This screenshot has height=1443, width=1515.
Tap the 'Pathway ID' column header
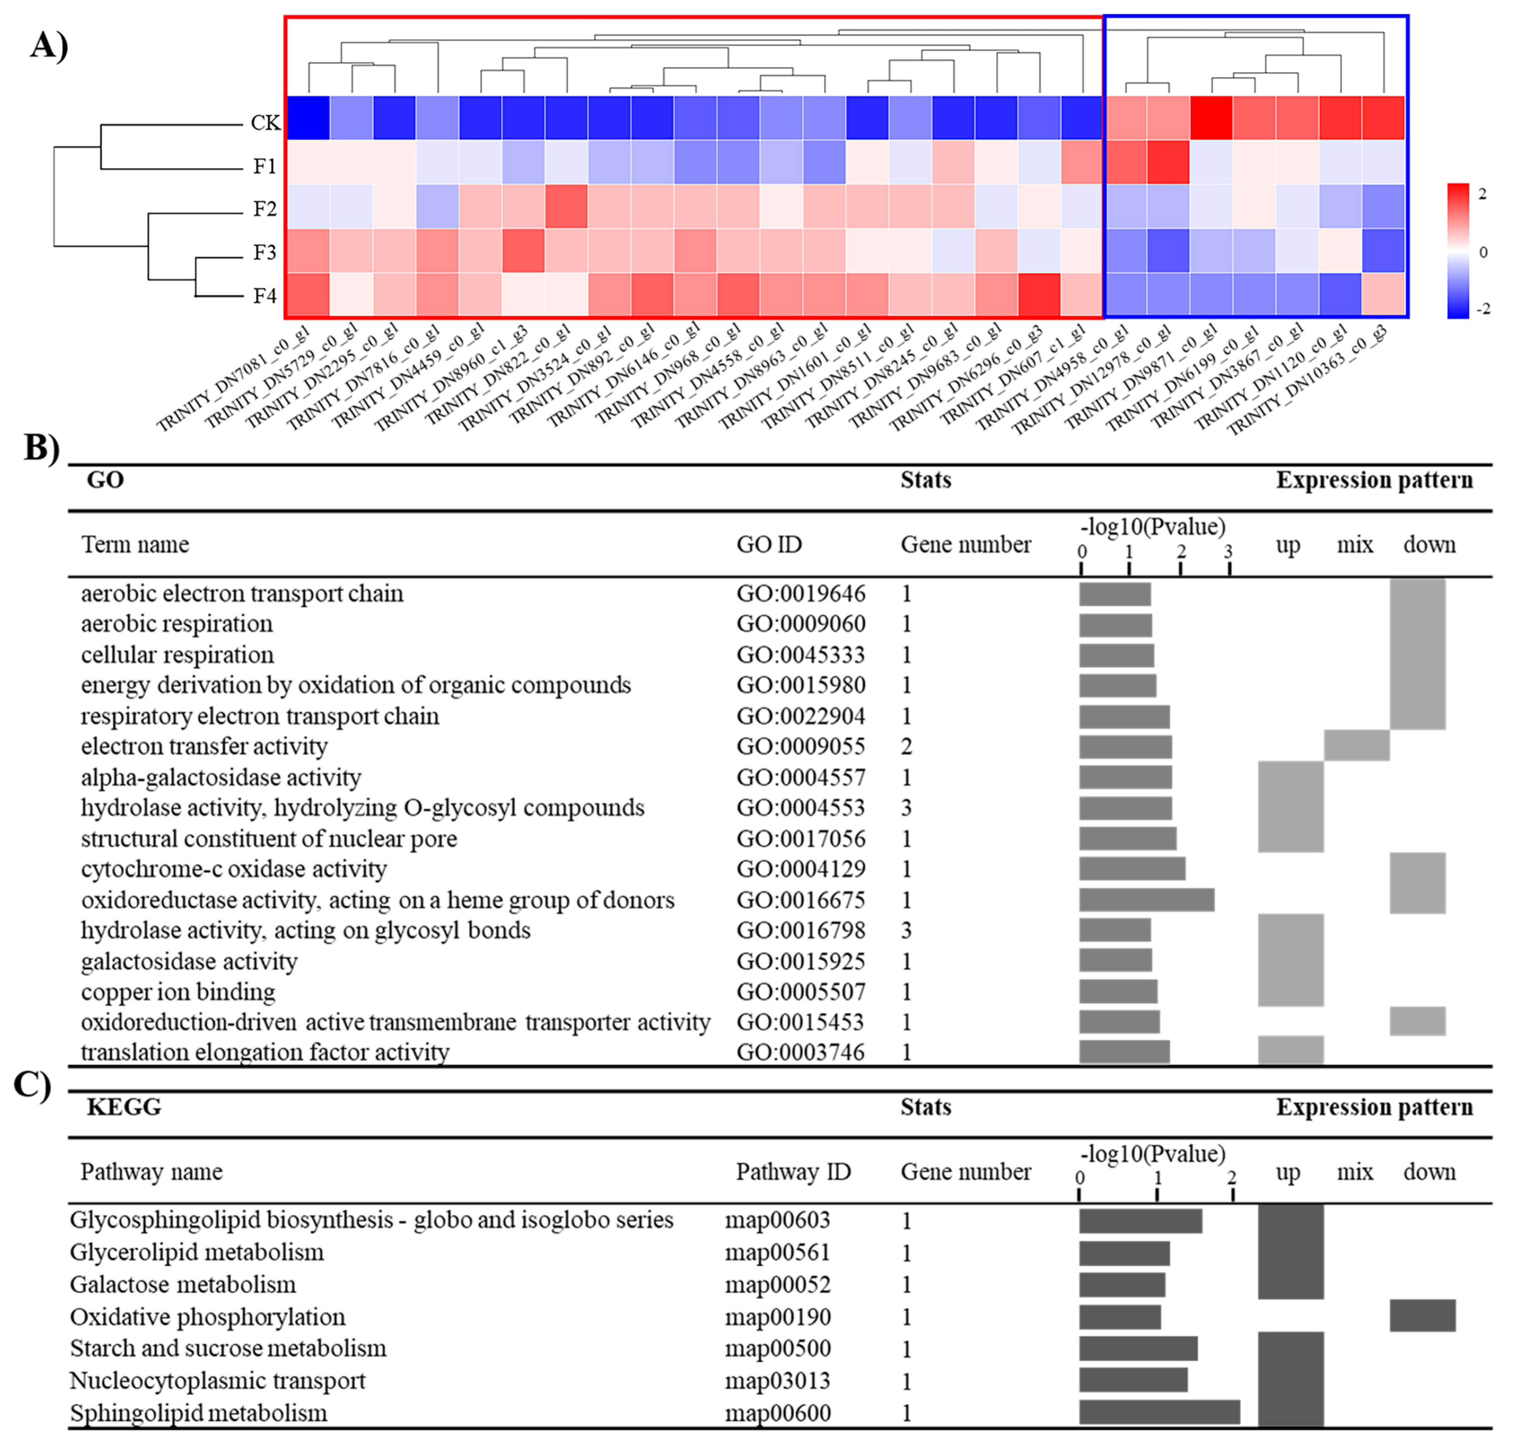coord(793,1171)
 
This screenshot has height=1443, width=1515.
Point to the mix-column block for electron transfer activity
coord(1356,745)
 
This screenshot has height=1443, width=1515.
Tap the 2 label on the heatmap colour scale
coord(1483,194)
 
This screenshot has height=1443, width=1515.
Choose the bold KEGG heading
coord(124,1107)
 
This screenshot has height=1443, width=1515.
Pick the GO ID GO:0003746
coord(800,1052)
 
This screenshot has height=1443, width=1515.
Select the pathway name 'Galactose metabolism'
coord(182,1284)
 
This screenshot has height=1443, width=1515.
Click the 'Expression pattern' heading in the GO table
coord(1374,480)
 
